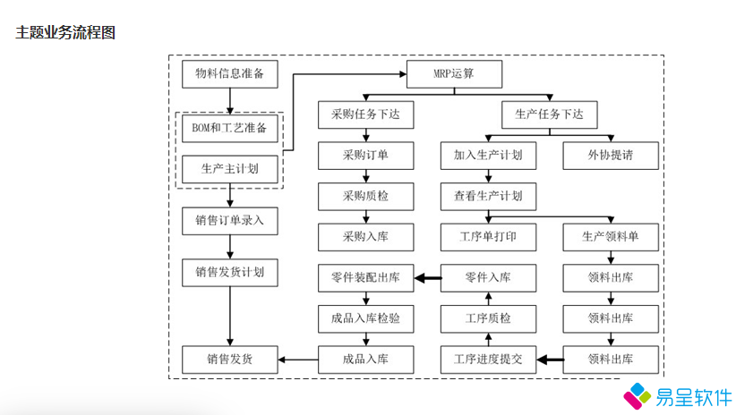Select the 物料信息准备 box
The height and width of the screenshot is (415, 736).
(x=229, y=74)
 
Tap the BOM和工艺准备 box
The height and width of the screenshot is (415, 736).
(x=229, y=128)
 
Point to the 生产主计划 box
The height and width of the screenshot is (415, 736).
(x=229, y=168)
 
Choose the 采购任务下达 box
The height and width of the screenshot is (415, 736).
(x=365, y=114)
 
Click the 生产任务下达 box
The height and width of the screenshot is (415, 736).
(x=549, y=114)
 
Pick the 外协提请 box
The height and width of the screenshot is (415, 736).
(x=611, y=156)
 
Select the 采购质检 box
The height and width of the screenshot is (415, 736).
(x=365, y=196)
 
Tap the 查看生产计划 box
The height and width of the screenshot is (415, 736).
(x=488, y=196)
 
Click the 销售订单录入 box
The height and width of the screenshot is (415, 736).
(x=229, y=220)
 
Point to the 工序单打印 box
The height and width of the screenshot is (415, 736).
(x=488, y=237)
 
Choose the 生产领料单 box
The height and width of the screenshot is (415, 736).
(x=611, y=237)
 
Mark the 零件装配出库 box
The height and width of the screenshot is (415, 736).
(x=365, y=278)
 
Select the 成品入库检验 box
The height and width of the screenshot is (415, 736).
(x=365, y=318)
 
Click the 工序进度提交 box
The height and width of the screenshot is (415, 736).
(x=488, y=360)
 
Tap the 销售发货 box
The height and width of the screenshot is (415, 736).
(x=229, y=360)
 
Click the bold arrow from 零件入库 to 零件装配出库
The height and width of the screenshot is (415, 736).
(x=428, y=278)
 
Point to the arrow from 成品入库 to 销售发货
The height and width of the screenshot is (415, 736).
(x=298, y=360)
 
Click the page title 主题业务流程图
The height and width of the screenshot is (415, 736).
(x=64, y=33)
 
